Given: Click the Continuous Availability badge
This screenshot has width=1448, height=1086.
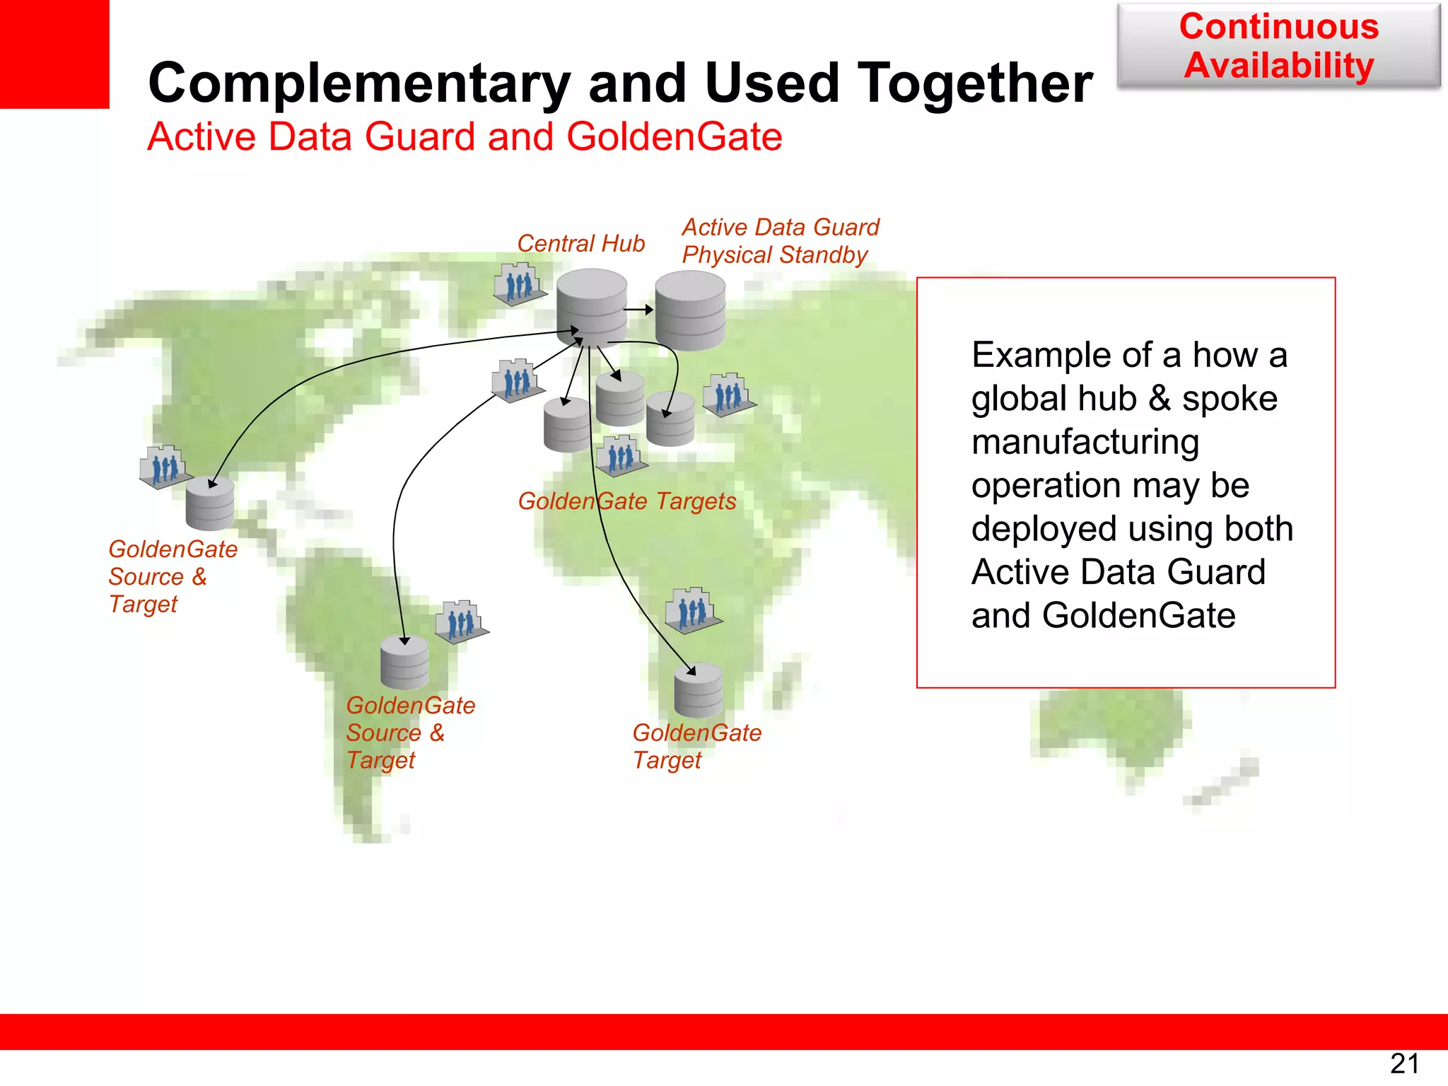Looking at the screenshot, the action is (1278, 46).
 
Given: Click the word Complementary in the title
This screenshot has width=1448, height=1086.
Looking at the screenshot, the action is (359, 83).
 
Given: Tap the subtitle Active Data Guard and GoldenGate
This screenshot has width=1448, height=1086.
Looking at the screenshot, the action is (465, 136).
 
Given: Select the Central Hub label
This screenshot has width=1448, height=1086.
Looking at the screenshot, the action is (580, 243).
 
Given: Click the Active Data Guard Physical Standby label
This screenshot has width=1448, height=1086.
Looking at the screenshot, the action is (780, 241).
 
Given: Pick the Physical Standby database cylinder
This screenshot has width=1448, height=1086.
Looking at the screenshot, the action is (689, 311).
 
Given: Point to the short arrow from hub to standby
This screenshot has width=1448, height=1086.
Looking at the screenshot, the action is (638, 310).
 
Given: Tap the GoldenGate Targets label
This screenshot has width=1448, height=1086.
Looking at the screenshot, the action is (626, 501).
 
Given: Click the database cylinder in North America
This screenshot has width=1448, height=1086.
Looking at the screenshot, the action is (210, 503).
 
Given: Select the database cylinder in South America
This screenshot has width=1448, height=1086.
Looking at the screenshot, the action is (404, 662).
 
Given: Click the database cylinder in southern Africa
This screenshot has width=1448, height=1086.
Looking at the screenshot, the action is (698, 690).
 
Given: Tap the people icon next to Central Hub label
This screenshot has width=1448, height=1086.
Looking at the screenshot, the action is (520, 284).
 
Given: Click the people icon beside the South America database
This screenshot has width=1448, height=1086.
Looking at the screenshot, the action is (461, 621).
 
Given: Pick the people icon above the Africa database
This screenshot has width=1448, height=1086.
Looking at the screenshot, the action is (693, 609).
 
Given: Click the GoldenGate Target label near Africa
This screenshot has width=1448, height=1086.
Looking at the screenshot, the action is (696, 746).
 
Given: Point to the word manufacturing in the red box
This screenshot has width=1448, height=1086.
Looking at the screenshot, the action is (1085, 443).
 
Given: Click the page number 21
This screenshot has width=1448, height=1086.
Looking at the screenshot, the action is (1404, 1063).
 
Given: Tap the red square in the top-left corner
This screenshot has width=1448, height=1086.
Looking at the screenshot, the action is (54, 54).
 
